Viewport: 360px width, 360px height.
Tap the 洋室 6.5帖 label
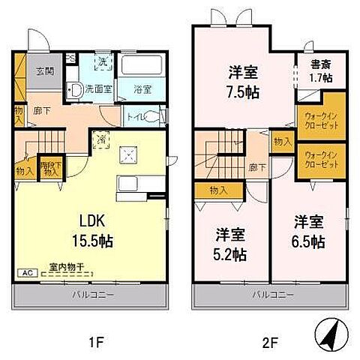(x=309, y=232)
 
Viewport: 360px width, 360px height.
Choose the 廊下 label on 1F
(x=43, y=112)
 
